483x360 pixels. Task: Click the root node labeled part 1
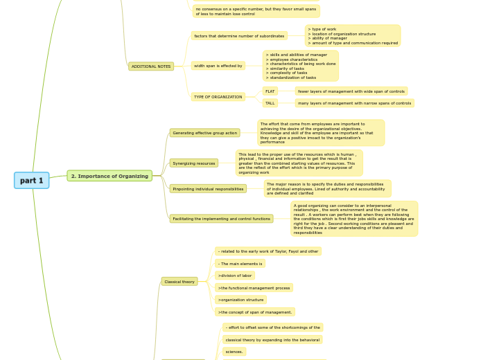(x=31, y=181)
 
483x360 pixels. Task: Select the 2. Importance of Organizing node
(x=109, y=176)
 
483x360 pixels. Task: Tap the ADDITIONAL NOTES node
(x=151, y=66)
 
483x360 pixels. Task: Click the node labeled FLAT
(x=270, y=91)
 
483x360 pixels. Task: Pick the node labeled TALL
(x=270, y=103)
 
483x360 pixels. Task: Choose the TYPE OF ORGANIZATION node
(x=218, y=97)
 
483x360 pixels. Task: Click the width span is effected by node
(x=218, y=66)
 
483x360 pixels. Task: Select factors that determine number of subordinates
(x=239, y=35)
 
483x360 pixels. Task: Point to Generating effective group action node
(x=204, y=132)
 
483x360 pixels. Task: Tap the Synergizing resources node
(x=194, y=163)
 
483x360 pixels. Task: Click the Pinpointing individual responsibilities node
(x=208, y=188)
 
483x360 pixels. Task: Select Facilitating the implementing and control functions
(x=221, y=219)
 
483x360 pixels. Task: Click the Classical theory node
(x=179, y=282)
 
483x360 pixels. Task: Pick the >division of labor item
(x=235, y=276)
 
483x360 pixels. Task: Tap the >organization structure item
(x=240, y=300)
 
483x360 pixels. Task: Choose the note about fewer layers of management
(x=351, y=91)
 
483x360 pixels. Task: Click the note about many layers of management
(x=354, y=103)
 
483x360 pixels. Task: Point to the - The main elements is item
(x=240, y=264)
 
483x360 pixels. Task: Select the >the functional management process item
(x=254, y=287)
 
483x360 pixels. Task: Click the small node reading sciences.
(x=234, y=352)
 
